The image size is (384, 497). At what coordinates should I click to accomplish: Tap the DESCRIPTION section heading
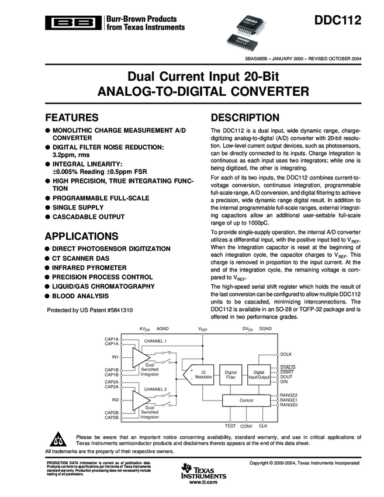[245, 118]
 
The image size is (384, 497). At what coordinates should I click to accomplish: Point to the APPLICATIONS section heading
[81, 236]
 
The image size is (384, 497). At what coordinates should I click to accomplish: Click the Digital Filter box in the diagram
[231, 375]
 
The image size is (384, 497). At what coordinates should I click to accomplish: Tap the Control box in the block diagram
[246, 400]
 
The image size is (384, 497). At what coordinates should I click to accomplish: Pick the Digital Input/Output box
[259, 375]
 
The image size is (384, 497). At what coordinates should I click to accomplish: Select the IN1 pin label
[115, 357]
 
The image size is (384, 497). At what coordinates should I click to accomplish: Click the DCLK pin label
[286, 354]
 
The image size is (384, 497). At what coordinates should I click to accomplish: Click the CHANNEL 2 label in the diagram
[155, 388]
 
